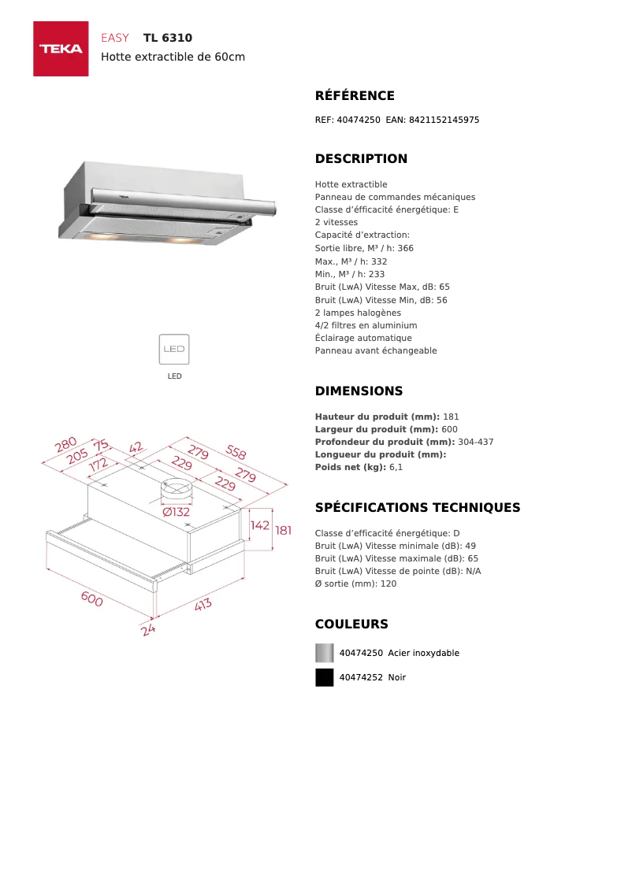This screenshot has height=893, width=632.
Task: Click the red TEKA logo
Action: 61,49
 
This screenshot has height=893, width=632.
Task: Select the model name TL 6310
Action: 168,38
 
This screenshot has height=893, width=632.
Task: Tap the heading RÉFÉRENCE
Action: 355,96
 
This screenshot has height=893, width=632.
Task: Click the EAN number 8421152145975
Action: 444,120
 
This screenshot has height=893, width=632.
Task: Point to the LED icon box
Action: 174,349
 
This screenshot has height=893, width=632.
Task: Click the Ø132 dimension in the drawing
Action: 177,512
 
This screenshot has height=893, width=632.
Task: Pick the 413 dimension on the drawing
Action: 203,606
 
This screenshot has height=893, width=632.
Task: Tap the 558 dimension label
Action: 236,452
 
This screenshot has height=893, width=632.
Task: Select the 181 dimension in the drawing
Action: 283,531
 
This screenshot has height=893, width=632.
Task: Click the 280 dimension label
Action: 65,446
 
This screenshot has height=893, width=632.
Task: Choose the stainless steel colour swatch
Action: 324,653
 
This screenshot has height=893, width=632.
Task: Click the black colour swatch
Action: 324,677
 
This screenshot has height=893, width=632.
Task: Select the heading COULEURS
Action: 351,624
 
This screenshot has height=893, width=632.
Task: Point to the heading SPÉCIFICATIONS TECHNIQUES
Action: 418,508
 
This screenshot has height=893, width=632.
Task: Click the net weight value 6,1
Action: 396,468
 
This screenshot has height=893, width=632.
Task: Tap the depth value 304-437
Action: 475,442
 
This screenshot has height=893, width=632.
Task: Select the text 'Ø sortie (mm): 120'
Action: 355,584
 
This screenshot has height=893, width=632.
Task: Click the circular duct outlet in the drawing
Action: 176,488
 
